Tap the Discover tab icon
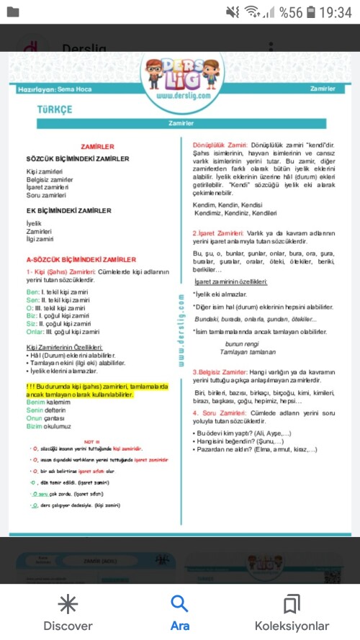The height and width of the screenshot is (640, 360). [68, 603]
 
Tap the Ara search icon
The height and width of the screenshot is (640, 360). [179, 603]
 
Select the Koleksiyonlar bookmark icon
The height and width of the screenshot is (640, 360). [292, 603]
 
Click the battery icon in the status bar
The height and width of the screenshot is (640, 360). [310, 12]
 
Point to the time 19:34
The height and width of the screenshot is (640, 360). [336, 12]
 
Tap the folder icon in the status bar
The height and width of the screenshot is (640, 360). [12, 12]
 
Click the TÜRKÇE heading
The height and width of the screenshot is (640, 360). [55, 108]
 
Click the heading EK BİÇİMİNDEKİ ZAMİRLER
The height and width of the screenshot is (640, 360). [68, 211]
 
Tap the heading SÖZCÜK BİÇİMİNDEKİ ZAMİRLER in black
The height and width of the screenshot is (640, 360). [78, 158]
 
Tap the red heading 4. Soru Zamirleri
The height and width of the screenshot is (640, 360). [223, 413]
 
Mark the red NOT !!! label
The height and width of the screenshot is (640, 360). [91, 438]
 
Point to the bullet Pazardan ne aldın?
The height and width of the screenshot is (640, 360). [256, 450]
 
